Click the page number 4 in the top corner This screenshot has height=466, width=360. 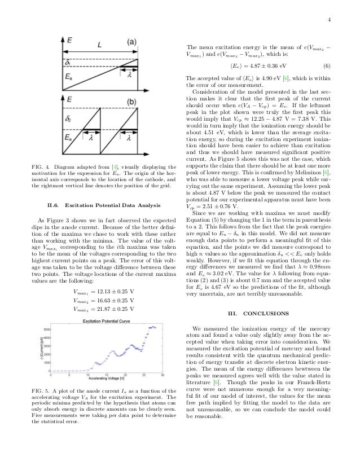coord(344,21)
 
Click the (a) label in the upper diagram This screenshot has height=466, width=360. coord(131,42)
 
